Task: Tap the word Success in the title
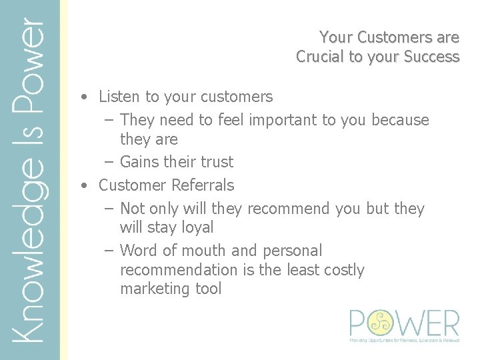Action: click(431, 57)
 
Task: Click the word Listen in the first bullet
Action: click(119, 97)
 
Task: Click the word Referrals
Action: click(203, 185)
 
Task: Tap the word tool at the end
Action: click(207, 289)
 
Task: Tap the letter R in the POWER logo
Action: click(449, 323)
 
